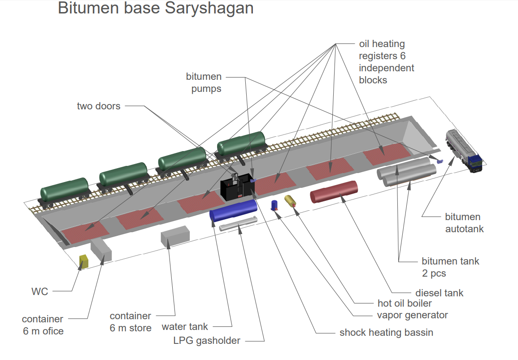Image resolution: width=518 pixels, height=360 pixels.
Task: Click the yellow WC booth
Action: tap(84, 261)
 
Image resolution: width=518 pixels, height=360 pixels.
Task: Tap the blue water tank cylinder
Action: tap(233, 210)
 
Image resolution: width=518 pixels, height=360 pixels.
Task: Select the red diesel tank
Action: tap(334, 191)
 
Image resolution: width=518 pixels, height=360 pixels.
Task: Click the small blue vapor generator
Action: tap(274, 205)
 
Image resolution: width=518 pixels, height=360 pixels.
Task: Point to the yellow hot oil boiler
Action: tap(290, 201)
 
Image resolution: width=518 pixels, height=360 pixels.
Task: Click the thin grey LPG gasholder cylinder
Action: tap(238, 224)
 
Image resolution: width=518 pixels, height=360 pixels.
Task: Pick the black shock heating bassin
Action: tap(238, 187)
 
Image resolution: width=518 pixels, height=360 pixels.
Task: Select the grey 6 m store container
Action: tap(175, 236)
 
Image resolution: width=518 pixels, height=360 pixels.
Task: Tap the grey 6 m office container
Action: tap(101, 250)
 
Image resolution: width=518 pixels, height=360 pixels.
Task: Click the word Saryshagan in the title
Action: tap(209, 8)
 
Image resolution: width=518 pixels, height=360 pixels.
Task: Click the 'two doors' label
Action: tap(99, 106)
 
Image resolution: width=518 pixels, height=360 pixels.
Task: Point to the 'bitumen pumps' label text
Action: tap(204, 82)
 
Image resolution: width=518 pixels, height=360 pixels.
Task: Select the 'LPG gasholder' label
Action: tap(207, 341)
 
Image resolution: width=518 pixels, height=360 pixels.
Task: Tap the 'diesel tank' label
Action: tap(440, 293)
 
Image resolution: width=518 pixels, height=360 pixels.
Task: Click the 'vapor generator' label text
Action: tap(412, 315)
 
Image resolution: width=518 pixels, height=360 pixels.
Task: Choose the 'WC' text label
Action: tap(39, 291)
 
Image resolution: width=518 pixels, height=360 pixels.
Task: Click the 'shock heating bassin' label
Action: tap(386, 332)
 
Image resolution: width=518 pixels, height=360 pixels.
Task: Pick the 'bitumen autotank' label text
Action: tap(464, 223)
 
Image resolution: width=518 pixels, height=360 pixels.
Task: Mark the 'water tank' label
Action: tap(185, 327)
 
